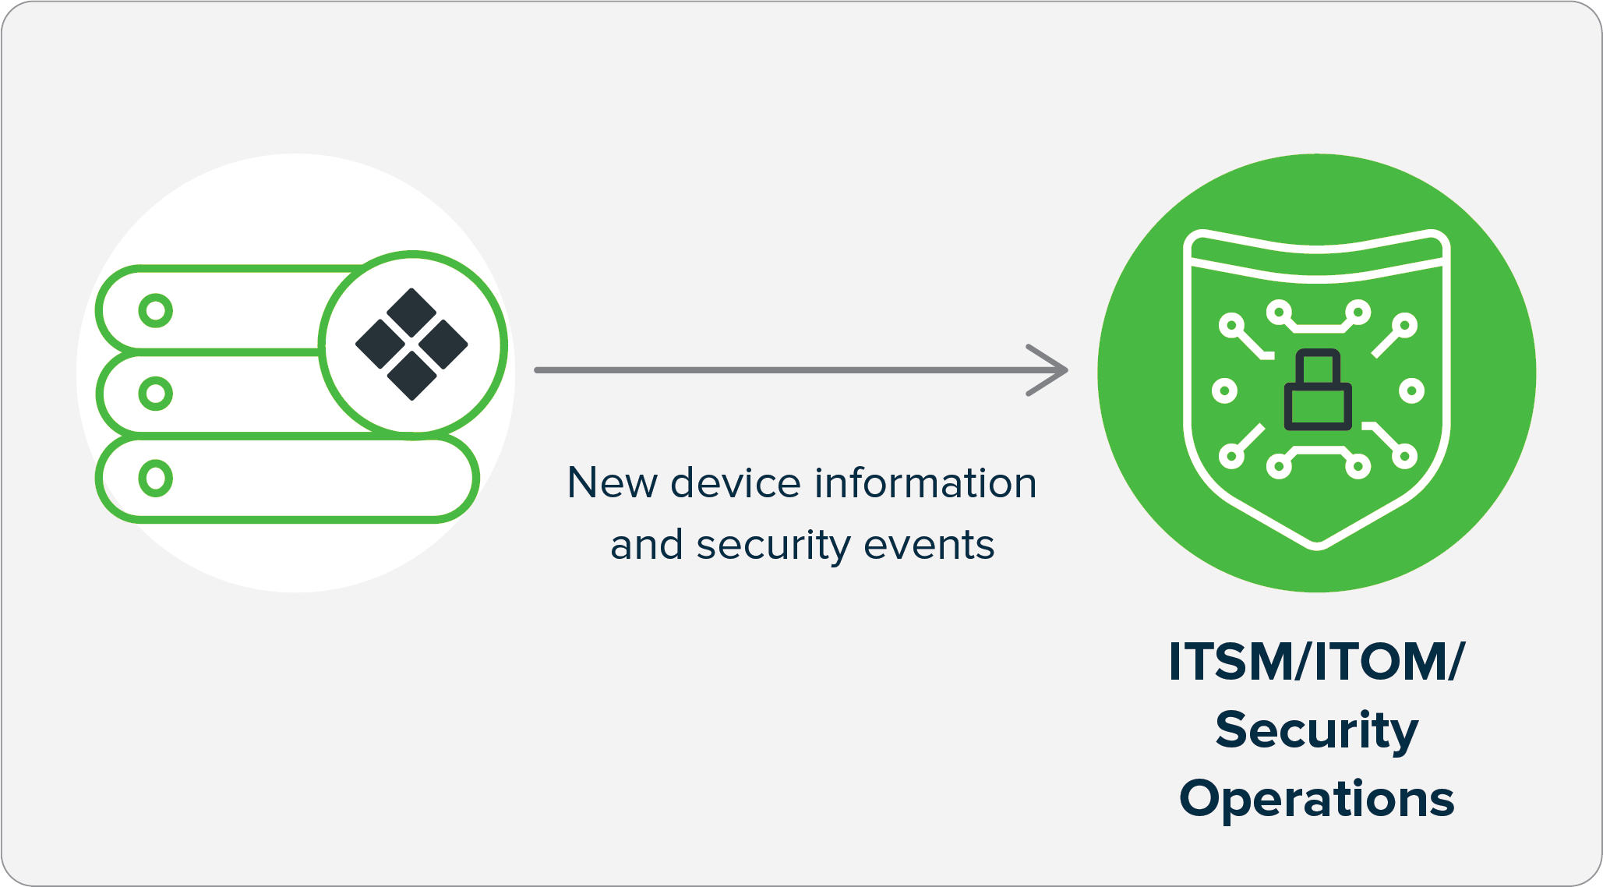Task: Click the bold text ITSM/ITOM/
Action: pyautogui.click(x=1316, y=662)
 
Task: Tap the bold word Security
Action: pyautogui.click(x=1316, y=731)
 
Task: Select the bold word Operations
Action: pyautogui.click(x=1316, y=799)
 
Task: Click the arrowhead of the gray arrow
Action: pyautogui.click(x=1052, y=370)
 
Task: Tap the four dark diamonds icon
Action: pyautogui.click(x=411, y=344)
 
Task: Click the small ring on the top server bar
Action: pyautogui.click(x=156, y=310)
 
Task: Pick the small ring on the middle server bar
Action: pyautogui.click(x=156, y=394)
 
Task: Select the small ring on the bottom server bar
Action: pyautogui.click(x=156, y=478)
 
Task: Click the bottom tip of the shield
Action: pyautogui.click(x=1317, y=543)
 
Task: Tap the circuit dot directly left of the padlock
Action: pyautogui.click(x=1224, y=390)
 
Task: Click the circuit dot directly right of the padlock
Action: pyautogui.click(x=1411, y=390)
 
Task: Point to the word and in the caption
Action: pyautogui.click(x=647, y=545)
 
